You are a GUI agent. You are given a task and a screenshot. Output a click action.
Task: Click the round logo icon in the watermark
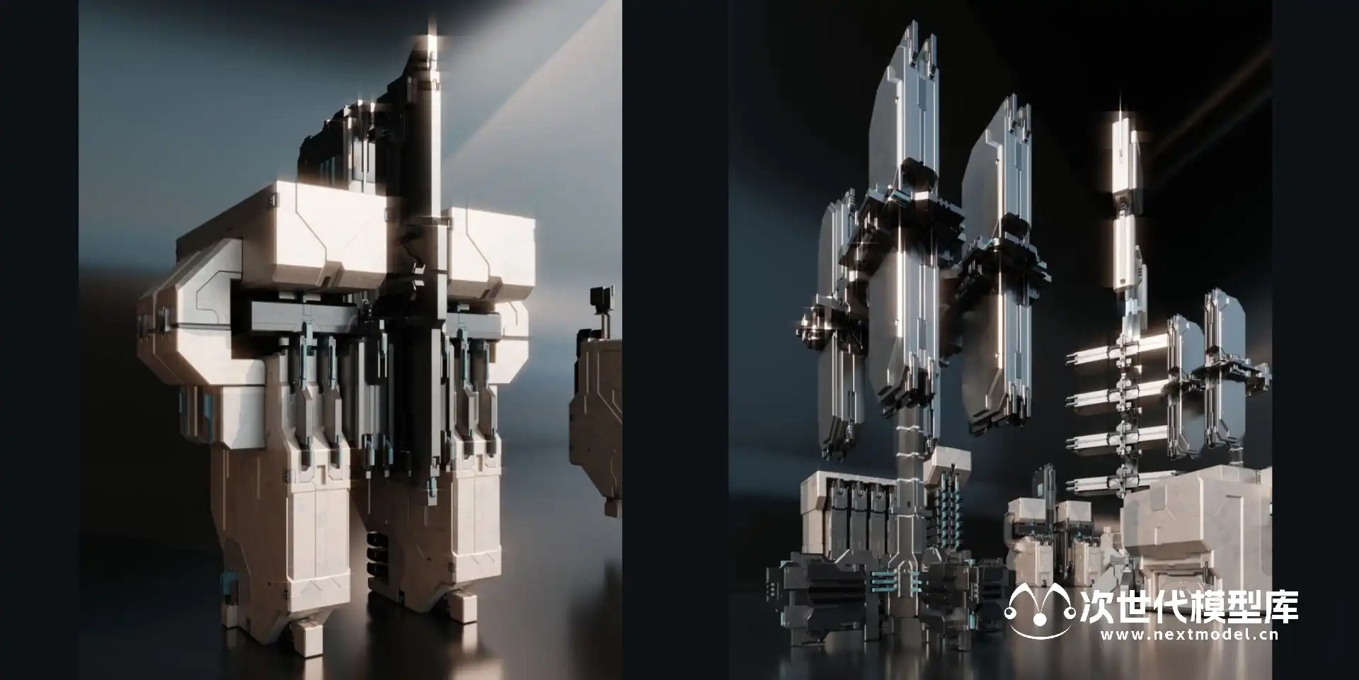pos(1040,611)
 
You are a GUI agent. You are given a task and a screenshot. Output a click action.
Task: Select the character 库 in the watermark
pos(1281,606)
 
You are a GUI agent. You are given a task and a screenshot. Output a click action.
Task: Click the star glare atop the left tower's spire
pos(432,30)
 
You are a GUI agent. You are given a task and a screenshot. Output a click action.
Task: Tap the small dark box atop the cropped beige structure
pos(601,297)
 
